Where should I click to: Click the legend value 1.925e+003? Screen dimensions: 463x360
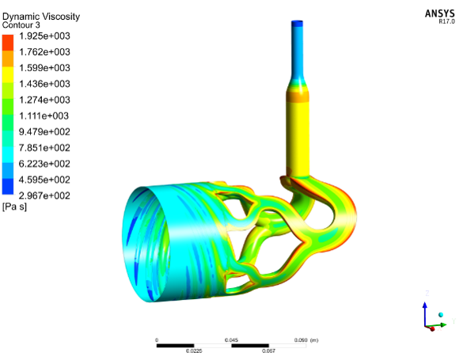tap(44, 36)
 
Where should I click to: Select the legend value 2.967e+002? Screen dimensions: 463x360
tap(44, 195)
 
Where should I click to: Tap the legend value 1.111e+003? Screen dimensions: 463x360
tap(44, 116)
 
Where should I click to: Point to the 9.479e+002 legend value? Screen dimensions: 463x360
tap(44, 132)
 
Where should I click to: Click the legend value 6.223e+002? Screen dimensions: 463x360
tap(44, 164)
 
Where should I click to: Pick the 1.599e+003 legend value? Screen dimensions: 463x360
tap(44, 68)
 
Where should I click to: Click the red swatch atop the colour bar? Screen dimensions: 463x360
tap(8, 43)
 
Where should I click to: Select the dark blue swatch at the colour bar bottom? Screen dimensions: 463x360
tap(8, 187)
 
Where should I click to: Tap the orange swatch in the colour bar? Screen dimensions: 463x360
tap(8, 59)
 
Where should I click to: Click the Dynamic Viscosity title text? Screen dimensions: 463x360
tap(41, 17)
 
